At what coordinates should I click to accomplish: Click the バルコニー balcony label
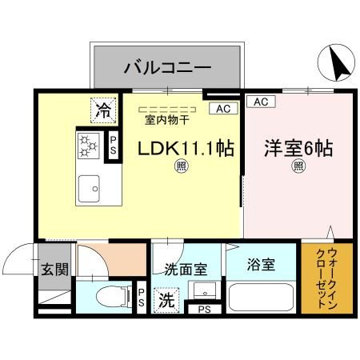(x=166, y=66)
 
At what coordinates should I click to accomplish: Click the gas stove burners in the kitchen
(x=88, y=145)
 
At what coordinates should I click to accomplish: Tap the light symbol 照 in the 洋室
(x=298, y=167)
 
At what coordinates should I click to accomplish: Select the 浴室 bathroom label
(x=261, y=265)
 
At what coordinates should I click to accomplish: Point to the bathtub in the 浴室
(x=262, y=298)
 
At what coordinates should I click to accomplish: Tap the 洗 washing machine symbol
(x=166, y=302)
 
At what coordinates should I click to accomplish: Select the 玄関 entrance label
(x=54, y=267)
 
